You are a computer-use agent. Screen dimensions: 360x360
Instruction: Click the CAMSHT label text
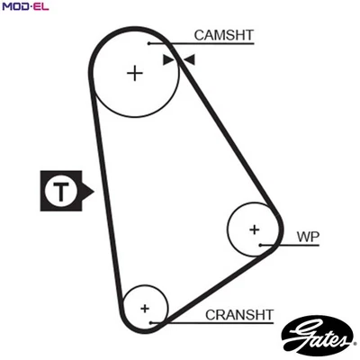click(x=224, y=36)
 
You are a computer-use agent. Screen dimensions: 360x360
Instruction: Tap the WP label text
click(x=308, y=238)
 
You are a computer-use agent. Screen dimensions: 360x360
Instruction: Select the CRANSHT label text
click(x=238, y=314)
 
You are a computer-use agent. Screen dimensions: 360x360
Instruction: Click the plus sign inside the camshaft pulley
click(x=135, y=72)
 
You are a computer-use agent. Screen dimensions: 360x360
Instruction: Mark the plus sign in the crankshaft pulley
click(x=144, y=308)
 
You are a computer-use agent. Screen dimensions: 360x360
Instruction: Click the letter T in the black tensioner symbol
click(x=60, y=191)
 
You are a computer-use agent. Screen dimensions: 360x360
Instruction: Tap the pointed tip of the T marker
click(x=92, y=191)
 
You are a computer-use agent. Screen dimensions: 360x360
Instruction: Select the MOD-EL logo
click(x=25, y=7)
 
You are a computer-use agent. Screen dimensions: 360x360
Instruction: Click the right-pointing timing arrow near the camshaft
click(x=167, y=60)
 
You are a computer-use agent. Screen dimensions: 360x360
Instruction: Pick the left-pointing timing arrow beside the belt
click(x=189, y=60)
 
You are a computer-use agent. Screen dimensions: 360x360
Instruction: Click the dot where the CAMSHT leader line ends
click(x=149, y=42)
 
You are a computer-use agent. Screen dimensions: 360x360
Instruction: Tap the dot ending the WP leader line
click(x=261, y=245)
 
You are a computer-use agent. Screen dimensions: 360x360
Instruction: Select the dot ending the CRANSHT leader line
click(x=154, y=321)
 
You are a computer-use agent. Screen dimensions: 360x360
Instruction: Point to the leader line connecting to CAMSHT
click(x=171, y=42)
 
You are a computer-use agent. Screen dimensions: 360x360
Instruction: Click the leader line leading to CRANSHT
click(x=180, y=321)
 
